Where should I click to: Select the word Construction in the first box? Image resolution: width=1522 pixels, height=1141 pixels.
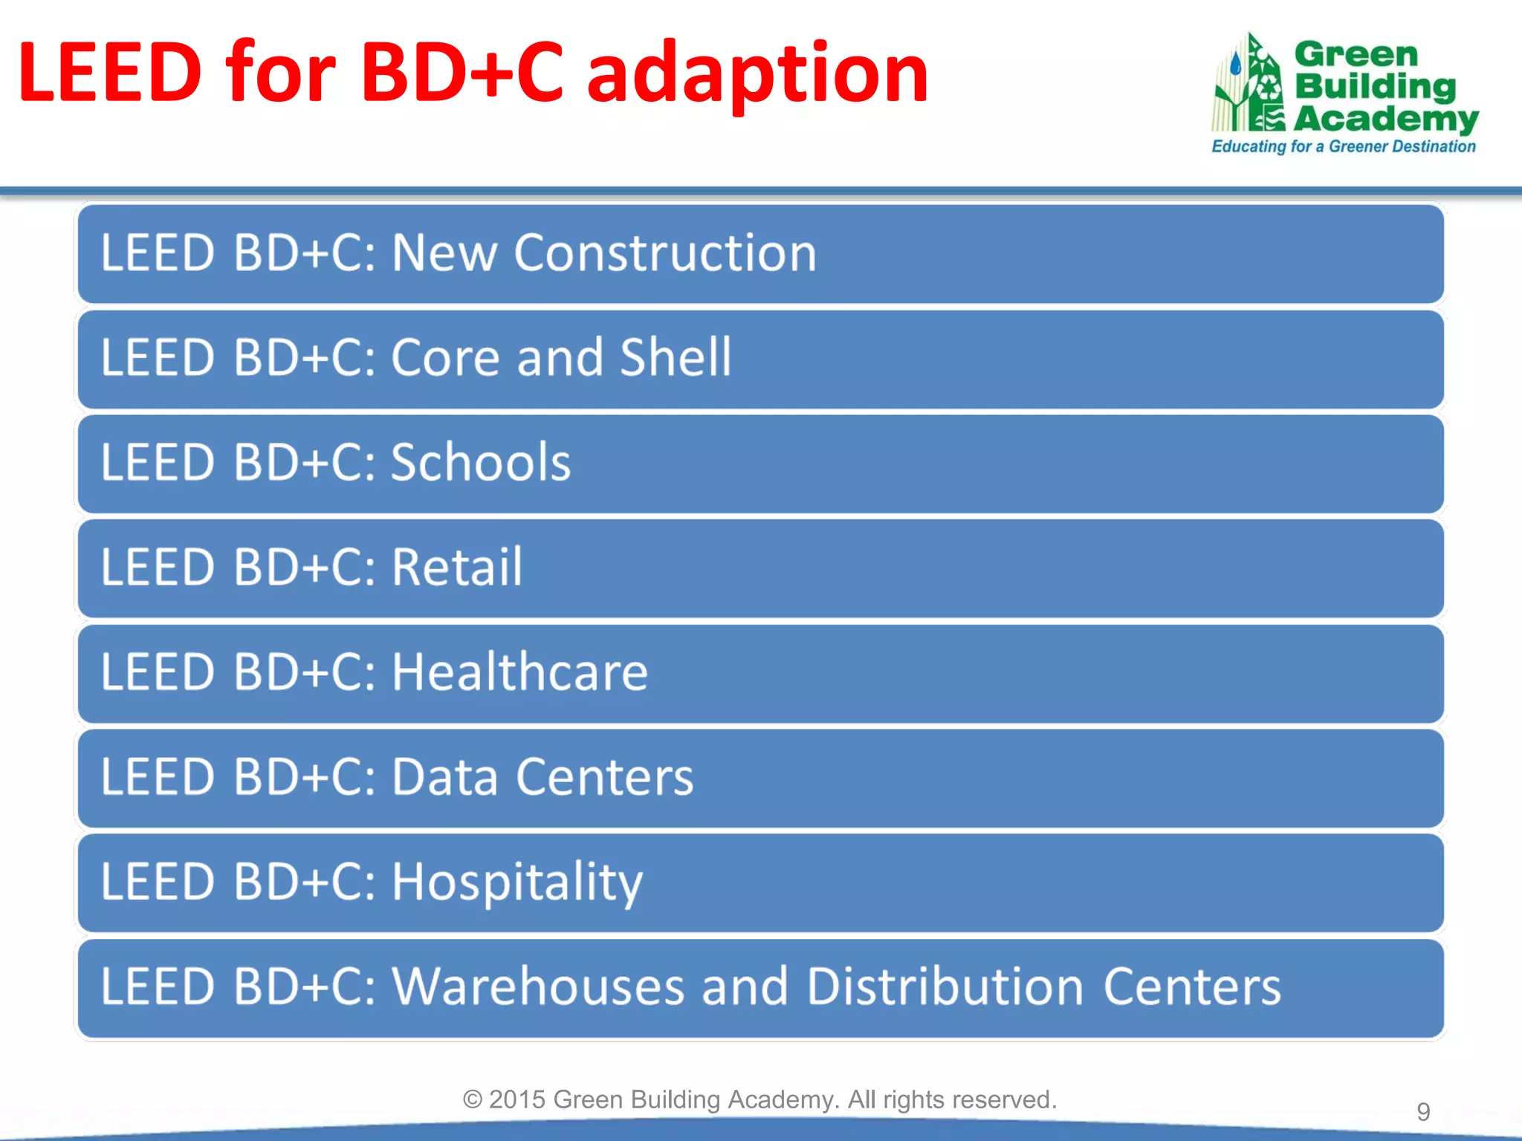coord(665,253)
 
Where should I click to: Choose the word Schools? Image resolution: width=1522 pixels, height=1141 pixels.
coord(480,463)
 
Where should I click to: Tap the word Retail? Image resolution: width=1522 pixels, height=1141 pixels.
coord(456,568)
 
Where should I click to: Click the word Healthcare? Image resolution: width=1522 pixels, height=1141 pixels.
coord(519,672)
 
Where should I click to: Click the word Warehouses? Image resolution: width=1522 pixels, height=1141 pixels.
coord(537,987)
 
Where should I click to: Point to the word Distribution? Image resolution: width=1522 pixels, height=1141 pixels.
coord(945,987)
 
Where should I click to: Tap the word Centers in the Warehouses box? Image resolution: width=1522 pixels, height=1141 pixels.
coord(1191,987)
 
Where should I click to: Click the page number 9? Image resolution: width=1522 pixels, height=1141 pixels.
coord(1422,1112)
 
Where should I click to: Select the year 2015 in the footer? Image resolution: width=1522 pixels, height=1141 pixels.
coord(517,1099)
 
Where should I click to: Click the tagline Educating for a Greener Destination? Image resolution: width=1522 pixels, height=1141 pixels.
coord(1343,146)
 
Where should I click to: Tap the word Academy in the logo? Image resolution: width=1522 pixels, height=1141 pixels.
coord(1386,118)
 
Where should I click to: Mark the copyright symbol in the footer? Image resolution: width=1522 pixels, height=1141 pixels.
coord(473,1099)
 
